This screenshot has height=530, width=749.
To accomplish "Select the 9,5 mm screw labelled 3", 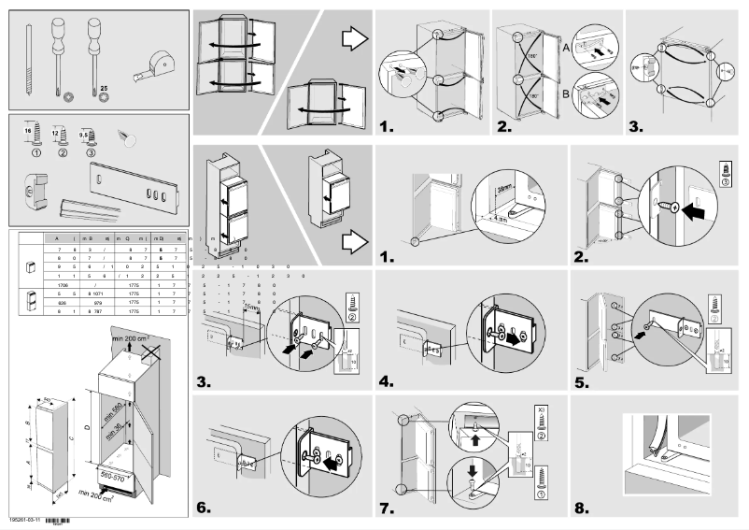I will pyautogui.click(x=91, y=142).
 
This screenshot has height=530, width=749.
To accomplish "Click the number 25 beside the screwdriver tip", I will pyautogui.click(x=105, y=87).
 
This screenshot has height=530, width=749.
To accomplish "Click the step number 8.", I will pyautogui.click(x=582, y=509).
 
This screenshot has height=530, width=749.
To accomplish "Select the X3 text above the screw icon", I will pyautogui.click(x=542, y=409).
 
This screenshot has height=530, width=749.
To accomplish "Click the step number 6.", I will pyautogui.click(x=205, y=509).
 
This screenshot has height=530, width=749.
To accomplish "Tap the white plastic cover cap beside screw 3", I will pyautogui.click(x=128, y=137).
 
